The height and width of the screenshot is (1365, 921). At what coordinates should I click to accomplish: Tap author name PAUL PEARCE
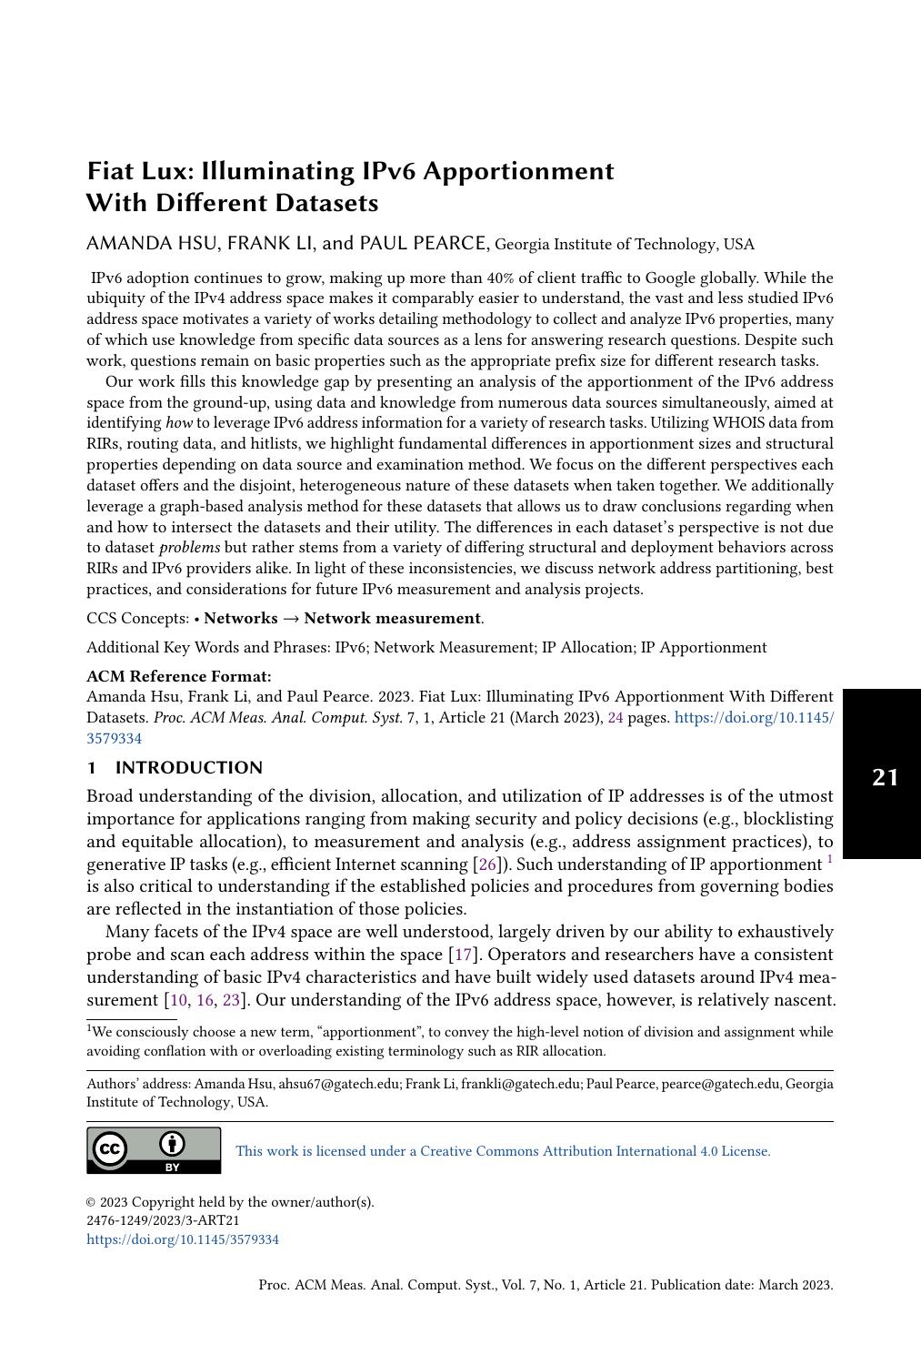click(424, 244)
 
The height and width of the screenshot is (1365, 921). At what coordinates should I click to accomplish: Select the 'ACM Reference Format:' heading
click(178, 676)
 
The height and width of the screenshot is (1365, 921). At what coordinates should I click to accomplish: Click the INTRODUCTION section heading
click(188, 768)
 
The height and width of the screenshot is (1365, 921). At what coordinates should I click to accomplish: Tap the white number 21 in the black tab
click(885, 777)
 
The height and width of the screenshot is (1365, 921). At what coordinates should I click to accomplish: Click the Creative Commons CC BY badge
click(154, 1150)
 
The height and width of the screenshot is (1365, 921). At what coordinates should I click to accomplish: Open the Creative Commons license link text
click(503, 1151)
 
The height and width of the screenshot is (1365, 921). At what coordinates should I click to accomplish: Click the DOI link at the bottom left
click(183, 1239)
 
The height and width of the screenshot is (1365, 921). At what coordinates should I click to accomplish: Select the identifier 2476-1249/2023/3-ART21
click(163, 1220)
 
